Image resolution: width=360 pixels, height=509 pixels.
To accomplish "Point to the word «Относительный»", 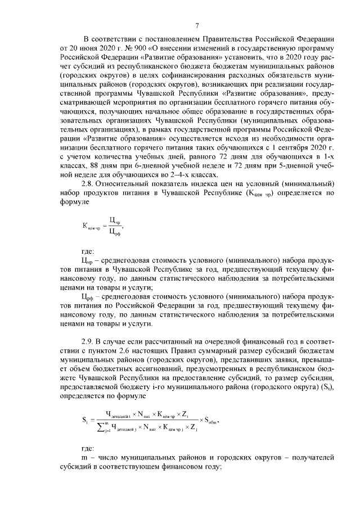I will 126,184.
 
